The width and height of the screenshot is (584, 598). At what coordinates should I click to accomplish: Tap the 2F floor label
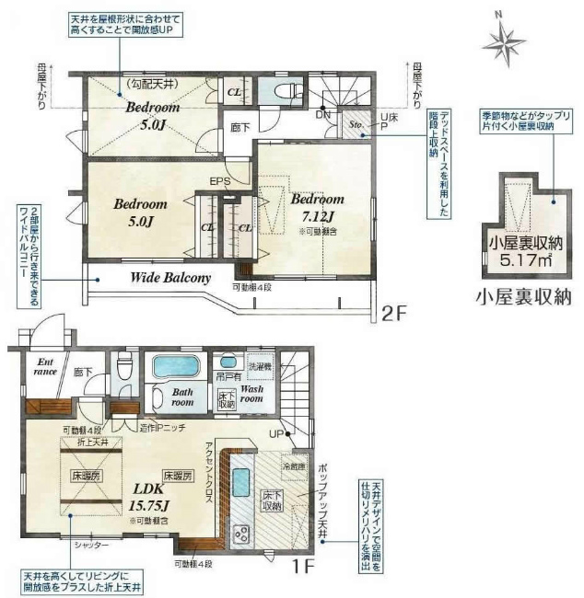[393, 315]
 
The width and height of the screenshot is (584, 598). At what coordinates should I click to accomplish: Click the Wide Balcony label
[170, 276]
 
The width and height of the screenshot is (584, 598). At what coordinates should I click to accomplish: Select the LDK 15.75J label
[146, 496]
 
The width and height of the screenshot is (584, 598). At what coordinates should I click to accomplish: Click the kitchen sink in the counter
[240, 481]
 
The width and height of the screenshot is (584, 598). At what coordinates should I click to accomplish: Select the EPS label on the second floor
[220, 180]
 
